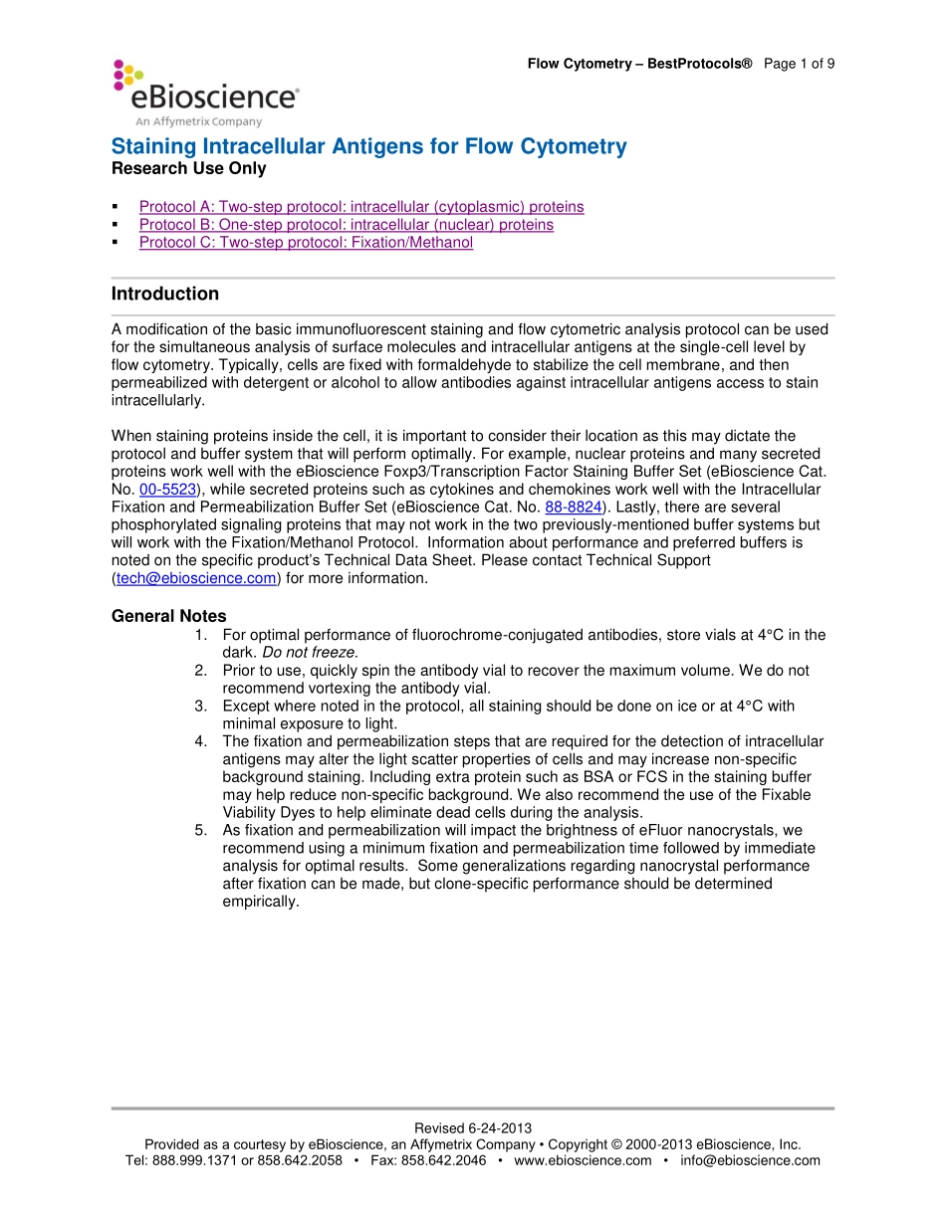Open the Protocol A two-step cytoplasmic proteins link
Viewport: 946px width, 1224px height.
pos(361,207)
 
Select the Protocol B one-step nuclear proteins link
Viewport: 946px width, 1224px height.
pos(346,225)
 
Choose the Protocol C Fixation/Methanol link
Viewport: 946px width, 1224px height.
pos(306,243)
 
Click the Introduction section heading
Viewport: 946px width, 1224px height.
pos(165,294)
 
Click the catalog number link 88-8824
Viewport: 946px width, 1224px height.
pos(573,508)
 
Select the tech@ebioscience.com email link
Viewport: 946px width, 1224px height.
pos(195,579)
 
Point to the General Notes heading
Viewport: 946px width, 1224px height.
pos(168,616)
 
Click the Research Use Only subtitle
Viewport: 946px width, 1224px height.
pos(188,169)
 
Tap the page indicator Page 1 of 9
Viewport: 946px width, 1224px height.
pos(799,64)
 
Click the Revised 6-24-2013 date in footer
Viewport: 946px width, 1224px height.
pos(473,1128)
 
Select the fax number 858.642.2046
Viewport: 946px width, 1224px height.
pos(443,1160)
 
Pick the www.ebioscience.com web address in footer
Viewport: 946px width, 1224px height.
pos(583,1160)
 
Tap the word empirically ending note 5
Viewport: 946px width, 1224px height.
pos(260,903)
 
